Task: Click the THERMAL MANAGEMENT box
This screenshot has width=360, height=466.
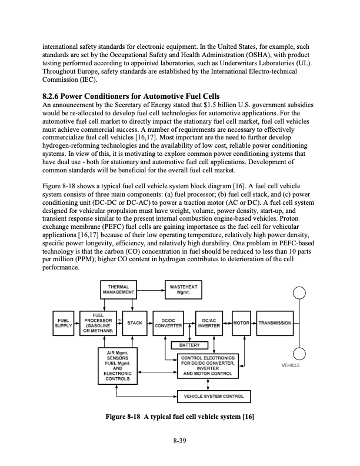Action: coord(118,289)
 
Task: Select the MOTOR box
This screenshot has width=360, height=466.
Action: coord(242,322)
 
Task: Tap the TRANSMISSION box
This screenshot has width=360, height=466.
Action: coord(275,322)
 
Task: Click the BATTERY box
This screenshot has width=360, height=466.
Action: coord(189,345)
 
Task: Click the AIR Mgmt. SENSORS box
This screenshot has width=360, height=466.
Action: coord(118,365)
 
